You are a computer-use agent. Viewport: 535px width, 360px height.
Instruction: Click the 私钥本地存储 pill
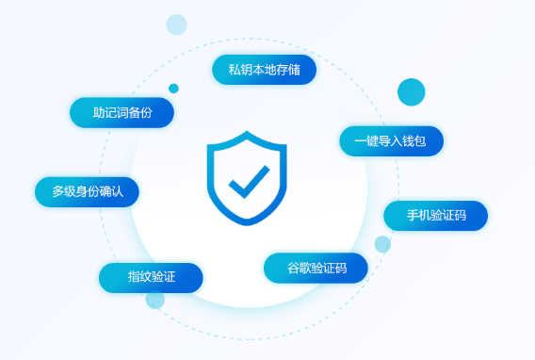click(264, 70)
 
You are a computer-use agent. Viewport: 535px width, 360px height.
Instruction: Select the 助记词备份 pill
click(122, 112)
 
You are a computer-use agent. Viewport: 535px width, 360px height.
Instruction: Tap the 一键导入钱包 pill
click(391, 140)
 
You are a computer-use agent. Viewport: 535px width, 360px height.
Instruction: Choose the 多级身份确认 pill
click(87, 191)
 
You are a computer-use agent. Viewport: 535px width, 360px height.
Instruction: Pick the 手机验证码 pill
click(435, 216)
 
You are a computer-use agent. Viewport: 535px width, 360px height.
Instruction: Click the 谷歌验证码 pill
click(316, 268)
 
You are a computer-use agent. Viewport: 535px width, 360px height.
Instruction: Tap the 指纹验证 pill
click(151, 277)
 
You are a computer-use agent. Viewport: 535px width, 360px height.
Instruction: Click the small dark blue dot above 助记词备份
click(173, 89)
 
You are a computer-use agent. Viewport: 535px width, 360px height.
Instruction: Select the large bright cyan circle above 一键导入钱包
click(411, 92)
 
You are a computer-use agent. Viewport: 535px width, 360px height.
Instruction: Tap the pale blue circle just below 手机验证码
click(382, 244)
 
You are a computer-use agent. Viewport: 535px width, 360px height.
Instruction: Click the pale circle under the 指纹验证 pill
click(155, 300)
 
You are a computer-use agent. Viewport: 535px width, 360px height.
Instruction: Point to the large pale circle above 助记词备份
click(176, 25)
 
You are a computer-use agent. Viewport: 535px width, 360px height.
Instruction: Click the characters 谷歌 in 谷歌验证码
click(298, 268)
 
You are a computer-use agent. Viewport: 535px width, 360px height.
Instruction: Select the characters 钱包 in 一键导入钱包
click(415, 140)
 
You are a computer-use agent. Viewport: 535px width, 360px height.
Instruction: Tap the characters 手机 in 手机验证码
click(418, 216)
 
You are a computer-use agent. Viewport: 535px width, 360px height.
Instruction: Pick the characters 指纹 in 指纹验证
click(138, 277)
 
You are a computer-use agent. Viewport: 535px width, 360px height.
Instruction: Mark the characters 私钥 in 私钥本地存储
click(239, 70)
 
